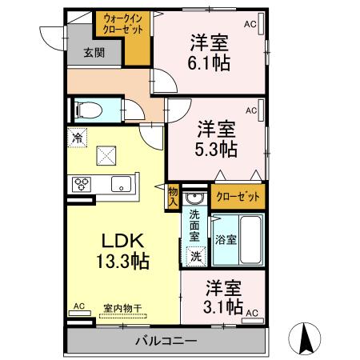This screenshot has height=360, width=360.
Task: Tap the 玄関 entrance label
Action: click(x=94, y=54)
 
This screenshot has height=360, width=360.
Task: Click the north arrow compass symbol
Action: click(x=306, y=338)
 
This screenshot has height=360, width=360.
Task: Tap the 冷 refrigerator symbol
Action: click(x=78, y=138)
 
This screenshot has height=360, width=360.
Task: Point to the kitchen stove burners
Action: click(x=82, y=183)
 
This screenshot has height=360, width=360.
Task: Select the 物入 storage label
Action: click(x=173, y=196)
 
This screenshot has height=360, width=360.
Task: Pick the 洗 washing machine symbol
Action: click(x=194, y=256)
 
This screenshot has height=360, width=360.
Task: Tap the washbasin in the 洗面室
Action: click(x=194, y=198)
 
